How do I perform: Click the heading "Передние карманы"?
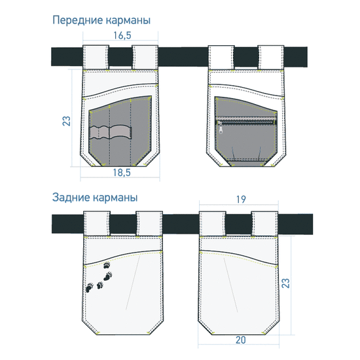(101, 20)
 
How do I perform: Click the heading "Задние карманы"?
(95, 198)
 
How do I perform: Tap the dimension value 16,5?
(122, 35)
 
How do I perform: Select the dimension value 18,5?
(122, 172)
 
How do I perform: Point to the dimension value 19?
(241, 199)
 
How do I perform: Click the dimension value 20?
(241, 340)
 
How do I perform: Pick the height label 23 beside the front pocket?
(67, 121)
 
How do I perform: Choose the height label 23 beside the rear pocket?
(285, 283)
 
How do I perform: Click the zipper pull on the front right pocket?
(221, 128)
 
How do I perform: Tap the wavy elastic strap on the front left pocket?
(111, 132)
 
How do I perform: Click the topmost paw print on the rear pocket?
(107, 265)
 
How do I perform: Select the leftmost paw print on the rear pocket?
(89, 287)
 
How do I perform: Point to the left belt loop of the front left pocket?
(96, 57)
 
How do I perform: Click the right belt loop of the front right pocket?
(271, 58)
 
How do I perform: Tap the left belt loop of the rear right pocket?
(212, 224)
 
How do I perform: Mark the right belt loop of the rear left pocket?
(149, 224)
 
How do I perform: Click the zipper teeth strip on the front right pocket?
(246, 120)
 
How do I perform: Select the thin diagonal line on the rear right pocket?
(231, 285)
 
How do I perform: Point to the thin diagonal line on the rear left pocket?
(133, 283)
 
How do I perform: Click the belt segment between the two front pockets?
(183, 57)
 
